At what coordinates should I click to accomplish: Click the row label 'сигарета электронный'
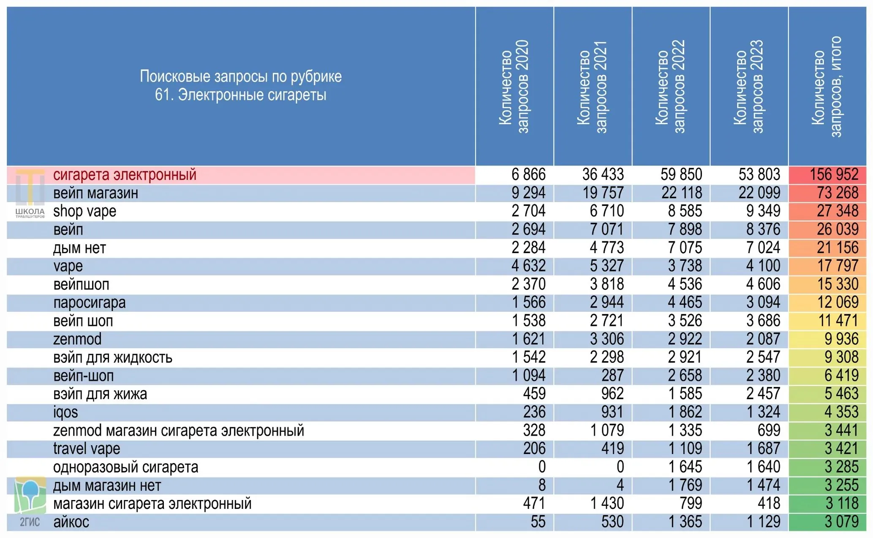coord(125,175)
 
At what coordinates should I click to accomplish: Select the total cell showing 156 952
coord(834,175)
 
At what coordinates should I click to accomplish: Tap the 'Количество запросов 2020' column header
coord(514,87)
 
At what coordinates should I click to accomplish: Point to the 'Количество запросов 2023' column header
coord(748,87)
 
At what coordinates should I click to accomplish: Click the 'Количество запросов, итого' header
coord(827,87)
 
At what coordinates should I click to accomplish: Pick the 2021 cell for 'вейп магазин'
coord(603,193)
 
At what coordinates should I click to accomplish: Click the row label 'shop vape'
coord(84,211)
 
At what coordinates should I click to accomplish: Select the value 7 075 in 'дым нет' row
coord(685,248)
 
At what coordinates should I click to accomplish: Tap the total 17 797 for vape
coord(838,266)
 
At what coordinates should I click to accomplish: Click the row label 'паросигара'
coord(90,303)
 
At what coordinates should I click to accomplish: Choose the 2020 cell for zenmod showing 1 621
coord(529,339)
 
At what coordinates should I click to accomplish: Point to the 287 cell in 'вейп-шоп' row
coord(612,376)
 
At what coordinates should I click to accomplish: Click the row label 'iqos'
coord(65,412)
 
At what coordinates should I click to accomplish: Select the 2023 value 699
coord(769,430)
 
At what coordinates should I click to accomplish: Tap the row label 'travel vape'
coord(87,449)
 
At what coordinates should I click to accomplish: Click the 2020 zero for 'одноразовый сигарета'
coord(542,467)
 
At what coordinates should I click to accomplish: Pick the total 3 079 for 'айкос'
coord(841,522)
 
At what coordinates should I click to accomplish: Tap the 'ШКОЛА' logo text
coord(30,211)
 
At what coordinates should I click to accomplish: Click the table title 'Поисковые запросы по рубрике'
coord(241,76)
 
